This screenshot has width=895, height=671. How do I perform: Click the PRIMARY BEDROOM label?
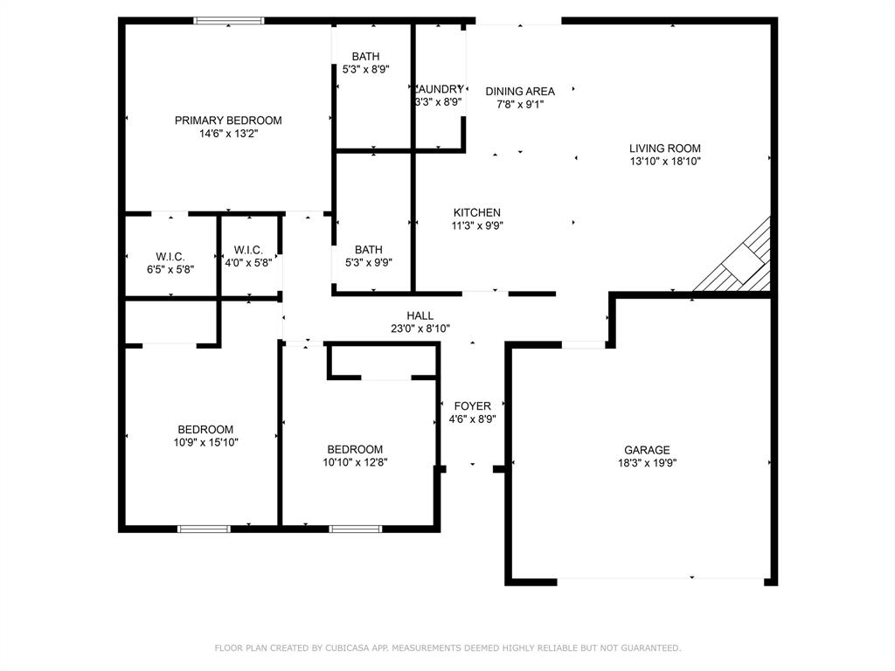[x=228, y=121]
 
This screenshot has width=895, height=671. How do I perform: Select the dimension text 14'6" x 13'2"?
[x=228, y=135]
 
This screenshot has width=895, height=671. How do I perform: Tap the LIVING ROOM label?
[x=665, y=149]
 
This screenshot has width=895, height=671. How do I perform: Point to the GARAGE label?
[x=647, y=450]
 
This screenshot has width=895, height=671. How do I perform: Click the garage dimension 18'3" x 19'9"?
[x=647, y=464]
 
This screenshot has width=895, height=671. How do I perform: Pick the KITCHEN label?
[x=476, y=212]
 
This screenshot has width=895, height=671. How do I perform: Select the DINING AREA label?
[x=520, y=91]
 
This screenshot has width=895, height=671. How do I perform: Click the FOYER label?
[x=472, y=405]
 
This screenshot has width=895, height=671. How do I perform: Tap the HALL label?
[x=420, y=315]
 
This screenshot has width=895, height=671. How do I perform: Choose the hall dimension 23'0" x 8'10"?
[x=420, y=329]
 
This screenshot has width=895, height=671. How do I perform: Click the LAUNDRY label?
[x=440, y=89]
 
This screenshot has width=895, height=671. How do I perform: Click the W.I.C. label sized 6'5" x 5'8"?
[x=170, y=256]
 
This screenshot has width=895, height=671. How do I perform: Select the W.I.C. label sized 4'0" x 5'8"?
[x=248, y=250]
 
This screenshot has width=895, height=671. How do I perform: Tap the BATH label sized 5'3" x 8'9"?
[x=365, y=57]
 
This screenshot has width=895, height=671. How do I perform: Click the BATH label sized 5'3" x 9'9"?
[x=368, y=250]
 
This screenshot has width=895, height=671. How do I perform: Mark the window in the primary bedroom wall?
[x=229, y=21]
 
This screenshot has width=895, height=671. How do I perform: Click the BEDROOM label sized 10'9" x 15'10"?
[x=205, y=429]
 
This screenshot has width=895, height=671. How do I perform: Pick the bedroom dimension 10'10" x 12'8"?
[x=355, y=463]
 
